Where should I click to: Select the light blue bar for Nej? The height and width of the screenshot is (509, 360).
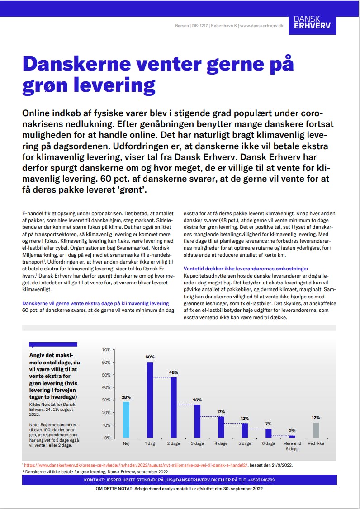click(x=126, y=419)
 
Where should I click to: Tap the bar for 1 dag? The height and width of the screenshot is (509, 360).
click(x=150, y=400)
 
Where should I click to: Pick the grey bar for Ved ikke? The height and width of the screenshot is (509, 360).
click(x=316, y=430)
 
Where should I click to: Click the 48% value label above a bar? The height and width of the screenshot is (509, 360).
click(x=174, y=372)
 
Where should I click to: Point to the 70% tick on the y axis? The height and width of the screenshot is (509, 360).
click(x=106, y=350)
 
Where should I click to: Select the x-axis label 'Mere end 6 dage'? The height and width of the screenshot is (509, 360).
click(x=292, y=446)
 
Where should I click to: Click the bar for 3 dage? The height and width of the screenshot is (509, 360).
click(x=197, y=421)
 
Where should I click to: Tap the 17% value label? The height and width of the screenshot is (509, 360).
click(x=221, y=411)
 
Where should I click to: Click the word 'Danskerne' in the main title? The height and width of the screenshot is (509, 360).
click(x=81, y=64)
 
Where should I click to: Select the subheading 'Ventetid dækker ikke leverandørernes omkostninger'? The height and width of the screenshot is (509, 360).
click(x=252, y=269)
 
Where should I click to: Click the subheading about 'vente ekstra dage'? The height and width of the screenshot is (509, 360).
click(x=95, y=303)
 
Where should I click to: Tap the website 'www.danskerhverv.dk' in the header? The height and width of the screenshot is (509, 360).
click(x=268, y=26)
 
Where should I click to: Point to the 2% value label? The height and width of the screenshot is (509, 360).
click(x=292, y=430)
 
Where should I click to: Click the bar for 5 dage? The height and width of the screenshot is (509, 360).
click(x=245, y=430)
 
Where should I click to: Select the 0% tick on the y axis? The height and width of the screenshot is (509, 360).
click(x=107, y=438)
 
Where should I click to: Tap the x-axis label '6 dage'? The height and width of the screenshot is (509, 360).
click(x=269, y=443)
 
